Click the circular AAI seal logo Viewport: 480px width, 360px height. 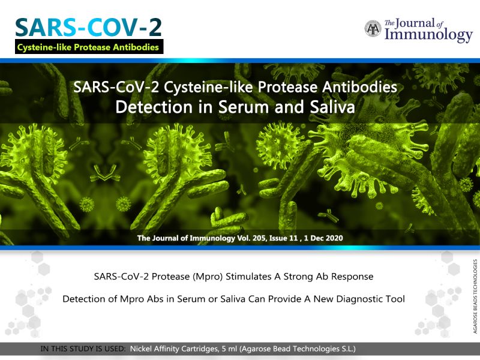point(373,28)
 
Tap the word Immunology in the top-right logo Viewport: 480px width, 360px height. point(428,35)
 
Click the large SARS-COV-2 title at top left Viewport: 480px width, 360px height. point(88,28)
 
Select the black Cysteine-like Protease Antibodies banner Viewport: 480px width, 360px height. point(89,47)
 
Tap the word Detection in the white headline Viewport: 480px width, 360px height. point(154,107)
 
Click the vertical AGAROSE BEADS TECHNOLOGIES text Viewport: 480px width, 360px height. point(475,296)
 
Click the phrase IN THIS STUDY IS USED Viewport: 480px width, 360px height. point(83,349)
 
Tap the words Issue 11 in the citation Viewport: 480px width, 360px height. point(283,238)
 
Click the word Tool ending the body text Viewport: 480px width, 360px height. point(395,299)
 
